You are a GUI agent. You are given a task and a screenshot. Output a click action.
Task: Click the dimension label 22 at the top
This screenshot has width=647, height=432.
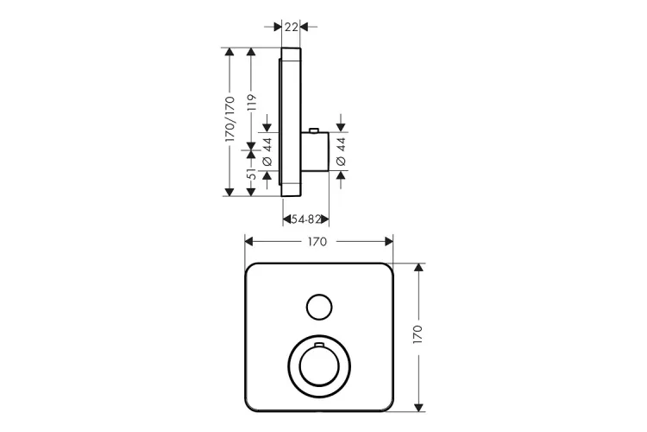pyautogui.click(x=292, y=27)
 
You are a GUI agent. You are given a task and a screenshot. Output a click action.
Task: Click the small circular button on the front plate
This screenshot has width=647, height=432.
pyautogui.click(x=317, y=306)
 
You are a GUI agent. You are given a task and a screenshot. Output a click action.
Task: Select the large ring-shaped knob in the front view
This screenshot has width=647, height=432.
pyautogui.click(x=317, y=368)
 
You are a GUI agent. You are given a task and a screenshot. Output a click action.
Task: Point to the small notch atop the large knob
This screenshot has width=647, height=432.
pyautogui.click(x=317, y=346)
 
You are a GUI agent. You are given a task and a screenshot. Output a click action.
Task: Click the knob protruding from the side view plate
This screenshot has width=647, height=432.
pyautogui.click(x=316, y=152)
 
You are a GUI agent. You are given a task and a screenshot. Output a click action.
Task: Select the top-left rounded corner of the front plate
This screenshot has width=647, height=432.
pyautogui.click(x=252, y=269)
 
